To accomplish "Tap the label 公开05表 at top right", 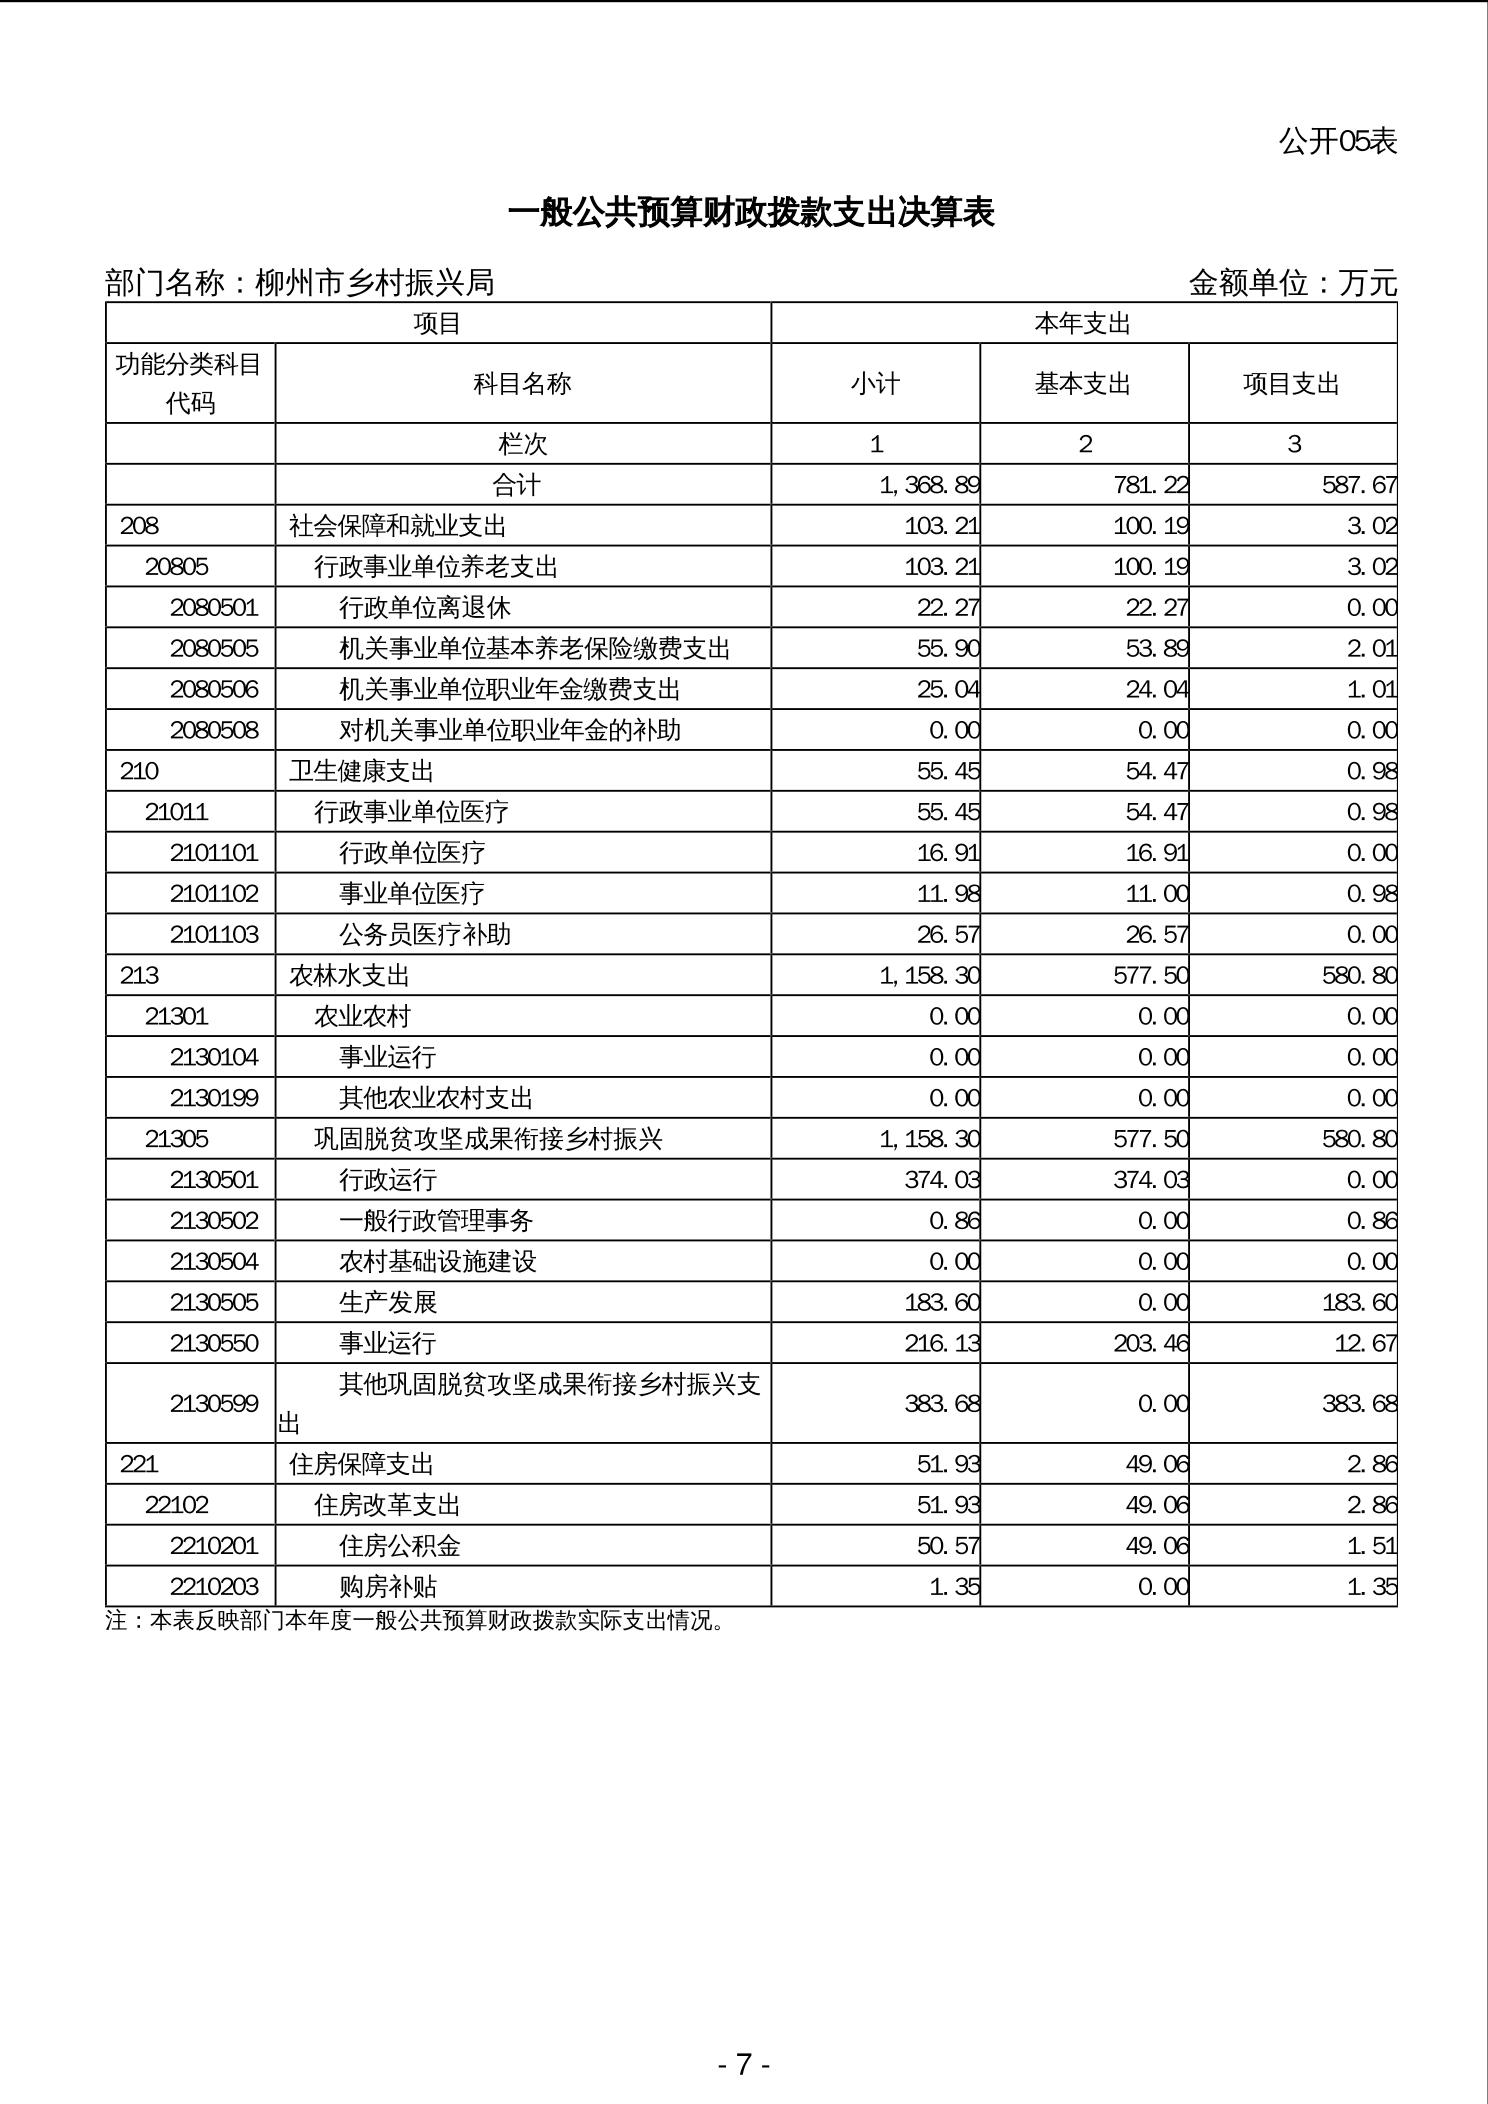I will (1337, 141).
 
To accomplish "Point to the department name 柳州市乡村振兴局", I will (375, 283).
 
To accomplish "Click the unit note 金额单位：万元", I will (1292, 283).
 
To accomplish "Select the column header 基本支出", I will (1083, 384).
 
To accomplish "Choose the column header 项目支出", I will (1291, 384).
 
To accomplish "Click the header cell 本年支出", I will (1083, 323).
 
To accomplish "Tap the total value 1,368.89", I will (929, 485).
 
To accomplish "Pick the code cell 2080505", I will (214, 648).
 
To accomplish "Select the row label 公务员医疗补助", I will (425, 934).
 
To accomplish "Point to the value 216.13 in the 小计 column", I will (942, 1343).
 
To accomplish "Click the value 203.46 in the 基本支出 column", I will (1151, 1343).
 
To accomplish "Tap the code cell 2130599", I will (214, 1403).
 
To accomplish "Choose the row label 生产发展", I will (388, 1302).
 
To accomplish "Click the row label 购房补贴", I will (388, 1587).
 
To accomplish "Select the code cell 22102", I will (177, 1505).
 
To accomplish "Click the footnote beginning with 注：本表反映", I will (415, 1621).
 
